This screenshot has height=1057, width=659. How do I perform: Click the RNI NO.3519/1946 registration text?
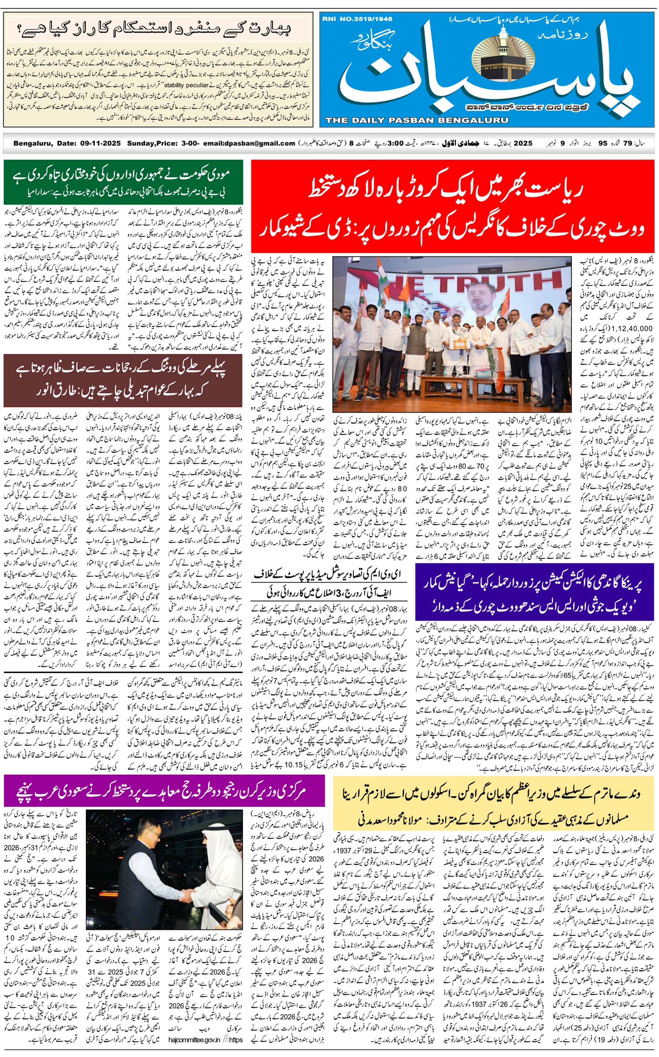point(357,19)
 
